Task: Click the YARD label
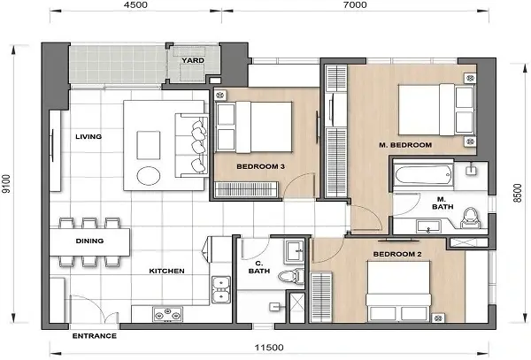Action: tap(192, 60)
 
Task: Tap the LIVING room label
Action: tap(88, 136)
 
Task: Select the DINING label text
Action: tap(89, 240)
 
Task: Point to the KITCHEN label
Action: tap(165, 271)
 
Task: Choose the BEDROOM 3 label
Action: tap(260, 165)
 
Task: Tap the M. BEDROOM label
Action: tap(404, 144)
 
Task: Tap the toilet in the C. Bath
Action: tap(288, 278)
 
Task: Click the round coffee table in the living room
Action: tap(147, 173)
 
